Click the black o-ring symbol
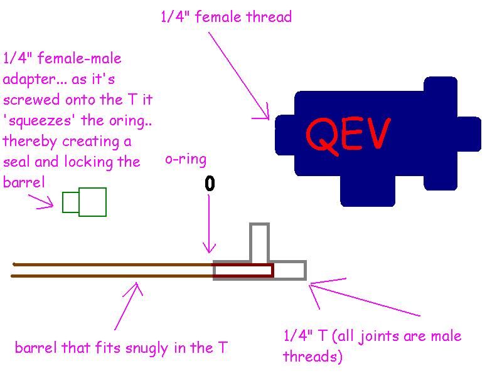[x=210, y=184]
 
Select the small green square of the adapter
[x=70, y=202]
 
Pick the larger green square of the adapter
[x=92, y=202]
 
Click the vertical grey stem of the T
[x=259, y=242]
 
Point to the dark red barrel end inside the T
[x=243, y=270]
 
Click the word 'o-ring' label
[x=186, y=159]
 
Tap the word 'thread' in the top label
[x=269, y=17]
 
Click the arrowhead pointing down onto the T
[x=210, y=250]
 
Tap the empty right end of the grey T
[x=290, y=270]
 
